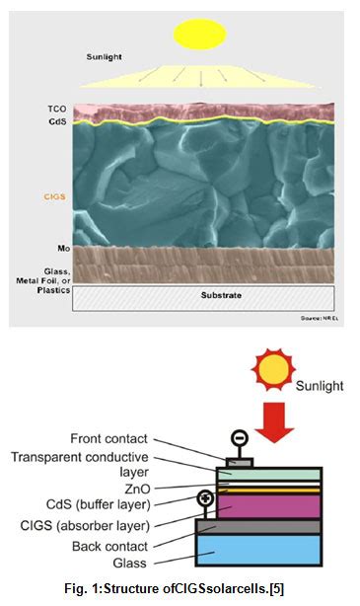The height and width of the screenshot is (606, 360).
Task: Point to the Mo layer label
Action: pyautogui.click(x=56, y=249)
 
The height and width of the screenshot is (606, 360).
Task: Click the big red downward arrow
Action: pyautogui.click(x=269, y=424)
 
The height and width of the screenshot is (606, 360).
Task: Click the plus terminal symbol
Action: pyautogui.click(x=205, y=497)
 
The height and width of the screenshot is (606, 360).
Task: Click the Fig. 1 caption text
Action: pyautogui.click(x=179, y=589)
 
